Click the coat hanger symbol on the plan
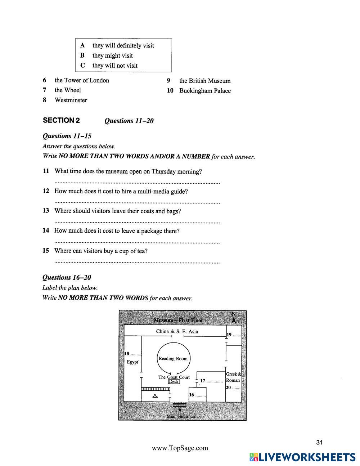[x=155, y=396]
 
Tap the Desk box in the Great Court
[x=174, y=382]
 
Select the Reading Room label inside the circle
[x=173, y=359]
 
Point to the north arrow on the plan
[x=234, y=318]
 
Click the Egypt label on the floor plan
[x=132, y=362]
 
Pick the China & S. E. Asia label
[x=177, y=331]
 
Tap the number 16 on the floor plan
[x=192, y=395]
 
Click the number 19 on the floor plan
[x=229, y=335]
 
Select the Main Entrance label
[x=180, y=416]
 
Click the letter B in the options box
[x=82, y=55]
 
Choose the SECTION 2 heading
[x=61, y=120]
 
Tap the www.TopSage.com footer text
[x=180, y=448]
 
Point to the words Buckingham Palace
[x=205, y=91]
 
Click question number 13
[x=46, y=211]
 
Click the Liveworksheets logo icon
[x=253, y=457]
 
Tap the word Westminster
[x=71, y=100]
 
